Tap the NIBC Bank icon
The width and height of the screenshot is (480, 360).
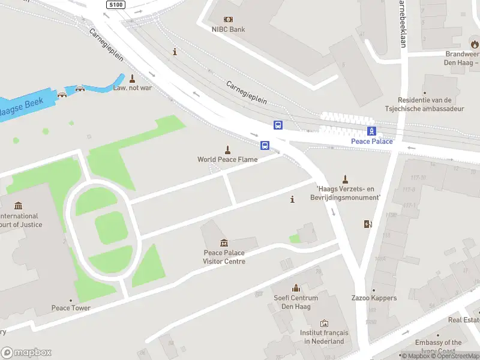[x=228, y=19]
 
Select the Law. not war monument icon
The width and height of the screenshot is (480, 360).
[x=132, y=78]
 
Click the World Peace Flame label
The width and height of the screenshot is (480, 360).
[x=227, y=160]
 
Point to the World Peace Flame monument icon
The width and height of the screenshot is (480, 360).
[x=227, y=149]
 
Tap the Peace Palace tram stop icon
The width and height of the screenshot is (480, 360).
[x=372, y=131]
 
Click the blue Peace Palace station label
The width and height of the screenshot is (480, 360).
[x=372, y=142]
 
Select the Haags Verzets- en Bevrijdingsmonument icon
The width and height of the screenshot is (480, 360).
[x=345, y=179]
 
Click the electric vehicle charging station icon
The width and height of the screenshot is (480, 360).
[x=368, y=224]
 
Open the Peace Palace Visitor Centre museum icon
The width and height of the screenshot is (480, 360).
[x=224, y=243]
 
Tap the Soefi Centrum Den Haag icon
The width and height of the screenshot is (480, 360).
[x=295, y=289]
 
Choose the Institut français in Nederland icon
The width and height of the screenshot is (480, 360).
[x=324, y=324]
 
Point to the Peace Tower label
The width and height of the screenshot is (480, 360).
[x=71, y=308]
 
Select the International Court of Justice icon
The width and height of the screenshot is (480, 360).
[x=18, y=206]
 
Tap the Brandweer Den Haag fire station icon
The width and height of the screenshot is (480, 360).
[x=475, y=44]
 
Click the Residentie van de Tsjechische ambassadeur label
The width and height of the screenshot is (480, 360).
[x=424, y=104]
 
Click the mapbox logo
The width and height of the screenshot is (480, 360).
[x=26, y=353]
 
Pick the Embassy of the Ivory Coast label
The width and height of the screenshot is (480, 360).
[x=439, y=347]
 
